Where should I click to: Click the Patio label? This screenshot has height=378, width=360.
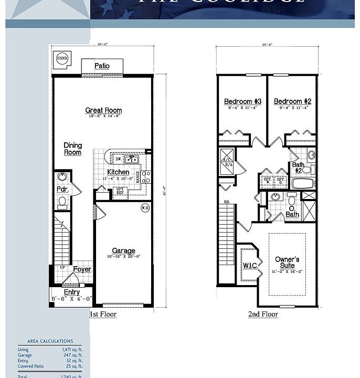click(x=102, y=66)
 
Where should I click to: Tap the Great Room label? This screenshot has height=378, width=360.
click(x=103, y=110)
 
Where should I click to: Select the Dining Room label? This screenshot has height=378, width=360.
click(x=73, y=149)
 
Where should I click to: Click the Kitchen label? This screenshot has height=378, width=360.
click(x=118, y=172)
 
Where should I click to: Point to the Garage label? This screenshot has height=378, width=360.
click(x=123, y=251)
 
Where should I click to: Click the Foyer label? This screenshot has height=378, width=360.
click(x=82, y=269)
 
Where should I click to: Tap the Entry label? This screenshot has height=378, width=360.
click(x=72, y=292)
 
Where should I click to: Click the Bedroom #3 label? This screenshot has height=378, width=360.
click(x=242, y=101)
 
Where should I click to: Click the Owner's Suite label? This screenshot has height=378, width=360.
click(x=287, y=262)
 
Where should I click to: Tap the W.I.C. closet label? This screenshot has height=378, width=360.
click(x=250, y=266)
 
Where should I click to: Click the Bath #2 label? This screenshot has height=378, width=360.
click(x=298, y=168)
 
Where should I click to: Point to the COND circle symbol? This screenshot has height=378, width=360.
click(x=62, y=58)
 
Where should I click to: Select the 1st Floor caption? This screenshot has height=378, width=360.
click(x=103, y=314)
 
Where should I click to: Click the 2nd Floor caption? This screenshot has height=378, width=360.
click(x=263, y=314)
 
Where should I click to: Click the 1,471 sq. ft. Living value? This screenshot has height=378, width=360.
click(x=72, y=350)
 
